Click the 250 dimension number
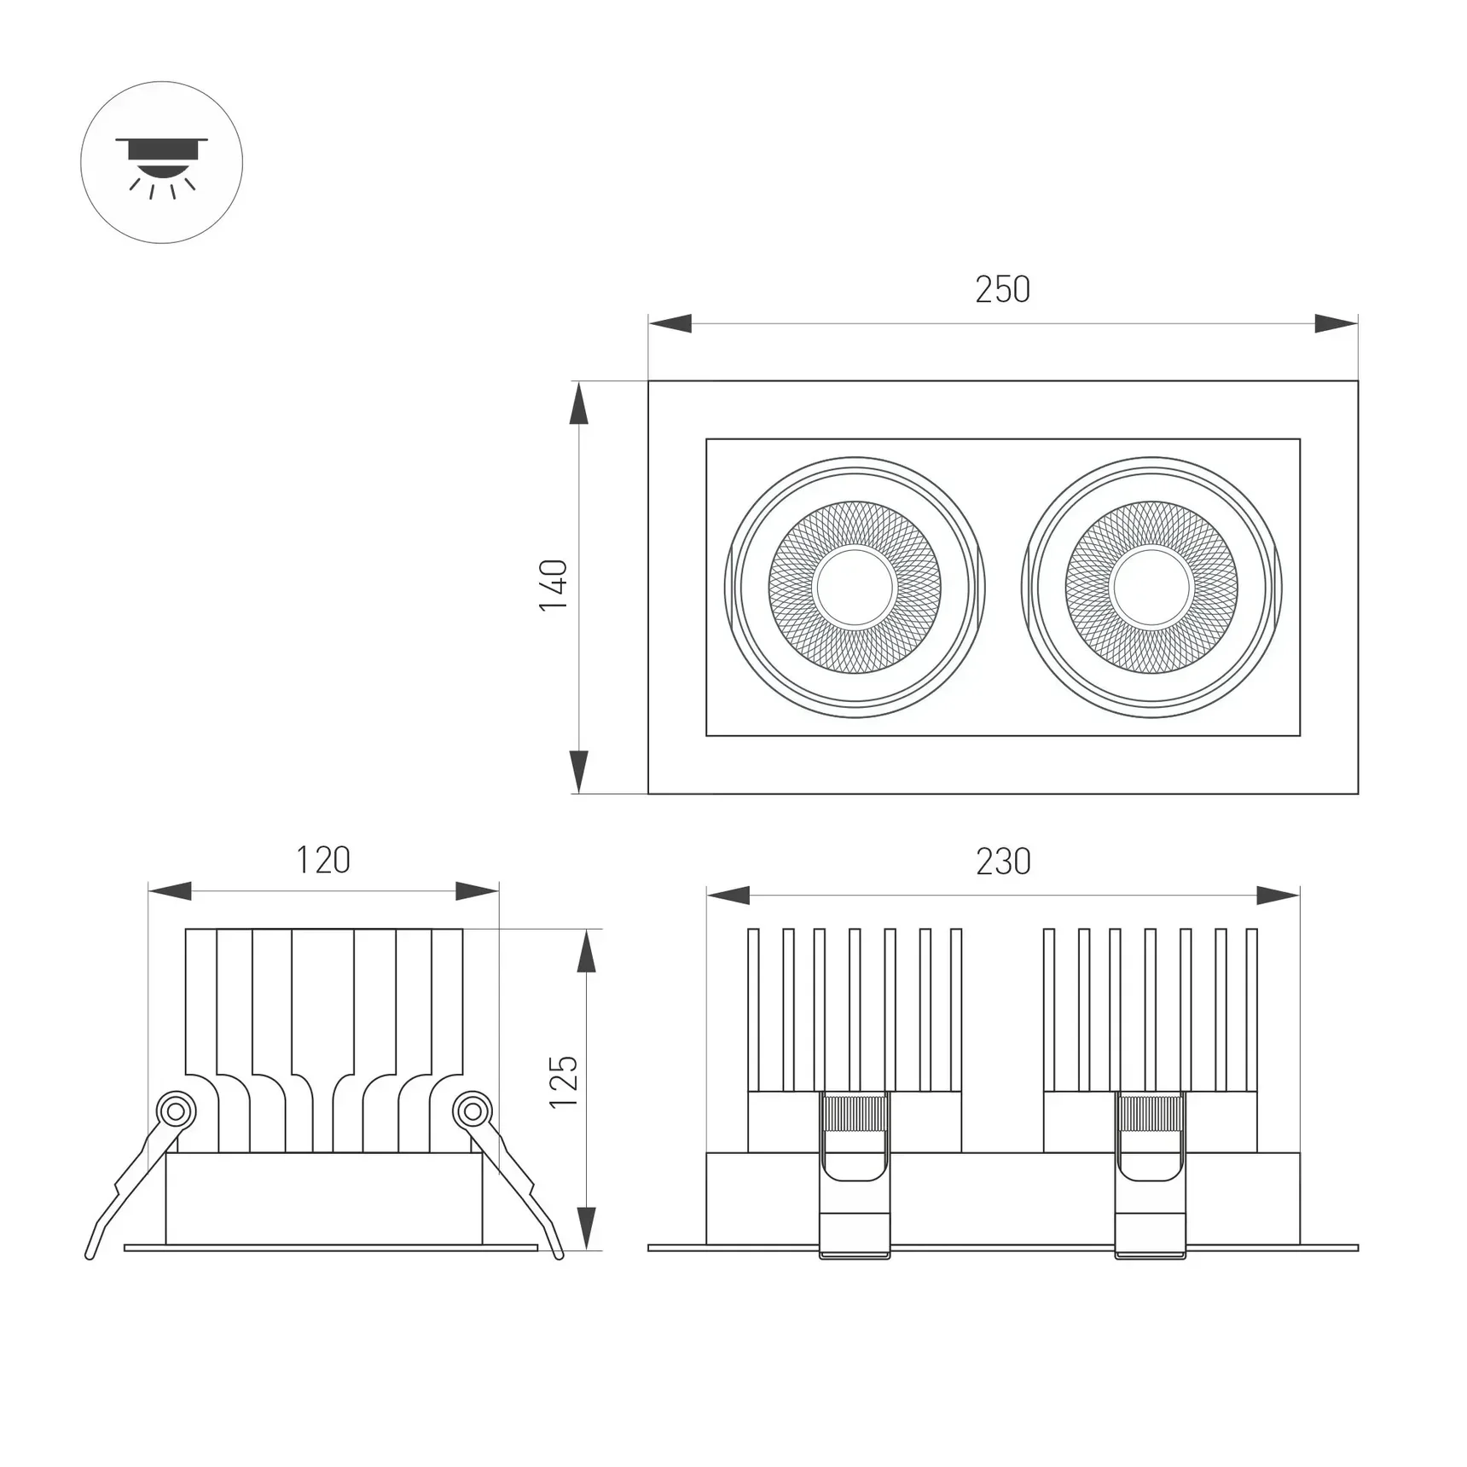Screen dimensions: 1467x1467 click(1002, 290)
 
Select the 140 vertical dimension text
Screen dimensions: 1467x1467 click(554, 585)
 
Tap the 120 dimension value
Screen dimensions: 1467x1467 click(322, 861)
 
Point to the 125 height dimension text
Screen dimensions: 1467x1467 click(564, 1082)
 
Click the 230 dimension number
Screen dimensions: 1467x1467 click(1003, 861)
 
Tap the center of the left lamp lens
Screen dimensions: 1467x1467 click(854, 587)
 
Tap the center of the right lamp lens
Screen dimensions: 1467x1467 click(1151, 587)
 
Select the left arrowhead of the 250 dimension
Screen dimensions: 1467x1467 click(670, 324)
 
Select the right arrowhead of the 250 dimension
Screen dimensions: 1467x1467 click(1336, 324)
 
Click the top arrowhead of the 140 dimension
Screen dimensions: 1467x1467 click(579, 403)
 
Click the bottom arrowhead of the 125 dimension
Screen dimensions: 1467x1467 click(586, 1228)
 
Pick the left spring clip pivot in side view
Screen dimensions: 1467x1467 click(177, 1111)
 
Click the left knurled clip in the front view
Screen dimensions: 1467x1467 click(854, 1113)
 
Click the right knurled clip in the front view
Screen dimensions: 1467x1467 click(1151, 1113)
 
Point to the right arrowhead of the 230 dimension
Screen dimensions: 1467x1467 click(1278, 896)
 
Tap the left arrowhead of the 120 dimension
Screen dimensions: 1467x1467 click(170, 891)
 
